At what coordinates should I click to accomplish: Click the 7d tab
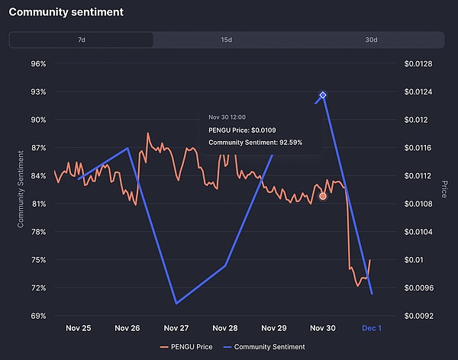pos(81,40)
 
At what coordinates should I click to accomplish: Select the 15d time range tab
pos(227,40)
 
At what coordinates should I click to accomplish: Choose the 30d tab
pos(371,40)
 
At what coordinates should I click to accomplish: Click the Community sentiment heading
pos(66,13)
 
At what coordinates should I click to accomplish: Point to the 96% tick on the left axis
pos(37,63)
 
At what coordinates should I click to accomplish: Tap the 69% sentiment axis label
pos(37,316)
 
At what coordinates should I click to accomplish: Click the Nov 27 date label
pos(176,328)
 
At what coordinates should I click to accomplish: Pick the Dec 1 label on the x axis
pos(371,328)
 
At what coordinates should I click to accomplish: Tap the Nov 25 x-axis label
pos(78,328)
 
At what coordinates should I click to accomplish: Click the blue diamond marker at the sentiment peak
pos(323,95)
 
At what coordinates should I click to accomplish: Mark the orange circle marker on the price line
pos(323,196)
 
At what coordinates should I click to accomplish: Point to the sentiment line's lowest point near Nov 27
pos(176,303)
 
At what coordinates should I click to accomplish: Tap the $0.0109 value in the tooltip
pos(271,130)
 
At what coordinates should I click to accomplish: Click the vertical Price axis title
pos(443,188)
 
